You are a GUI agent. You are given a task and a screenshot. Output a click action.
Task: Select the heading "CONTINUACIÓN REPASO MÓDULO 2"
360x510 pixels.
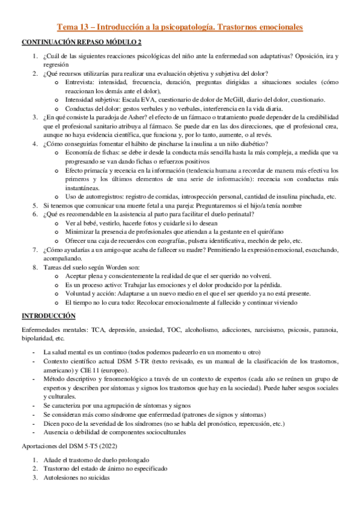coord(82,43)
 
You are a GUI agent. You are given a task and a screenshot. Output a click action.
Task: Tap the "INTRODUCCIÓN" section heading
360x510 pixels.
coord(49,315)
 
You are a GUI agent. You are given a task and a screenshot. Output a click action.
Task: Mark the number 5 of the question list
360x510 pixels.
coord(35,206)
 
